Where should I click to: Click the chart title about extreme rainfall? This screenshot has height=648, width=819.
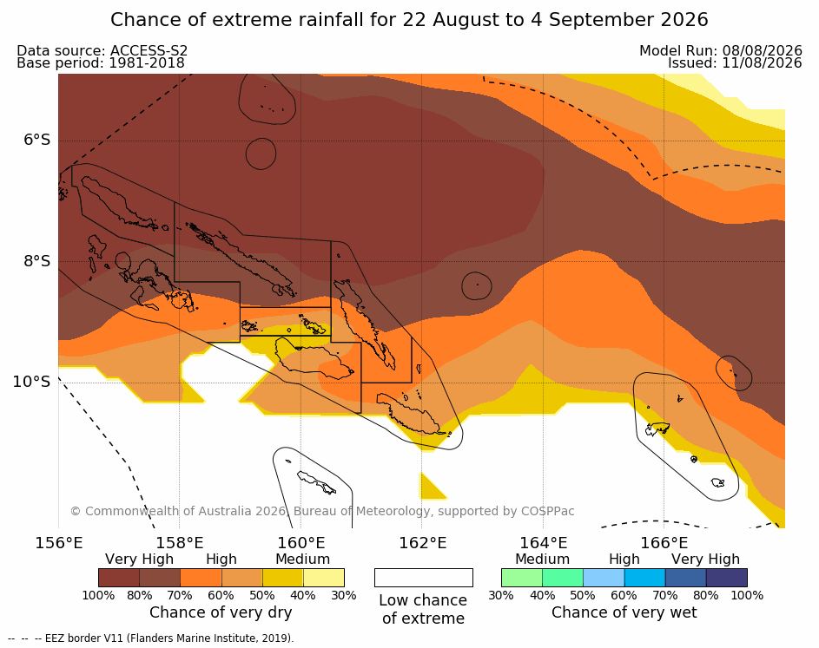(409, 20)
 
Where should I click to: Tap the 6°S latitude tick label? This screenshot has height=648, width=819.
(37, 140)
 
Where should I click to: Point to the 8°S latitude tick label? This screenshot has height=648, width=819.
(37, 261)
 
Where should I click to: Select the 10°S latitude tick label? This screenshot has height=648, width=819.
(32, 382)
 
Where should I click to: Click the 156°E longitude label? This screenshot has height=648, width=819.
(58, 543)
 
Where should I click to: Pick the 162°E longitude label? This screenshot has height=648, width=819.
(422, 543)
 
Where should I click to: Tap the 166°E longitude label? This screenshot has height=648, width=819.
(664, 543)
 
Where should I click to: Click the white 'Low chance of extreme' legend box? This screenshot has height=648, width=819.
(424, 578)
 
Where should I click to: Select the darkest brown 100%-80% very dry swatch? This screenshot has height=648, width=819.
(119, 578)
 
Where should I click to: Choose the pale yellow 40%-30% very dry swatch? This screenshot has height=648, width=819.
(324, 578)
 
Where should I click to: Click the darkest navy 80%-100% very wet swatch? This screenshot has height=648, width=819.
(727, 578)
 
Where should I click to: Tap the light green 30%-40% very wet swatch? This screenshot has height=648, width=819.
(522, 578)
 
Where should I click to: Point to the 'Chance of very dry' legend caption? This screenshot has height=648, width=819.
(221, 612)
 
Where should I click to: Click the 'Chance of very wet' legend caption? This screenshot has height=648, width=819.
(624, 612)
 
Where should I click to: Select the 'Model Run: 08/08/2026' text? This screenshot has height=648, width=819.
(720, 50)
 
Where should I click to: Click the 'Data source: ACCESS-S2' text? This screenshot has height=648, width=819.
(102, 50)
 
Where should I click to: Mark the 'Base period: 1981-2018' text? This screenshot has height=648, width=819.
(101, 63)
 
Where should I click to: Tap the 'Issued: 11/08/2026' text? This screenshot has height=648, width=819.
(735, 63)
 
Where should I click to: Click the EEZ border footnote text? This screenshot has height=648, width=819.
(151, 638)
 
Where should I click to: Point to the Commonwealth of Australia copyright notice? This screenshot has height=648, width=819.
(322, 511)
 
